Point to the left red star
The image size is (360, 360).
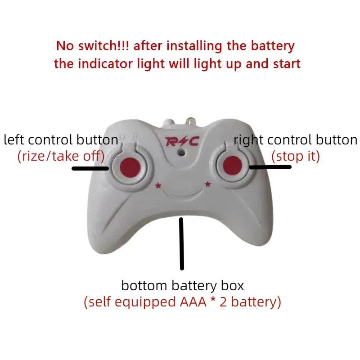[158, 185]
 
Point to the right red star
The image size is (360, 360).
[208, 183]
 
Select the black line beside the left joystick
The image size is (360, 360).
[90, 169]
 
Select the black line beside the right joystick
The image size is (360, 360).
[270, 167]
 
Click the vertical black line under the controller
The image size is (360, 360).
[182, 243]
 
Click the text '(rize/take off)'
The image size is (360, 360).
[61, 156]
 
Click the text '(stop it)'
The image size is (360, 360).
[295, 156]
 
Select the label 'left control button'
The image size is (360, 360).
[61, 140]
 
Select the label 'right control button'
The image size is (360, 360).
[296, 140]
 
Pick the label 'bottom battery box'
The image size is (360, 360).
[182, 285]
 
